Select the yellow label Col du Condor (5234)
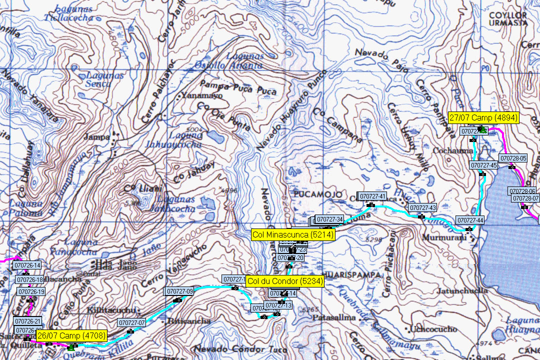tap(285, 281)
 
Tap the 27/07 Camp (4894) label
tap(483, 118)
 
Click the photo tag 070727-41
tap(372, 196)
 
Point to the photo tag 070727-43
tap(422, 207)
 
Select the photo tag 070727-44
tap(470, 220)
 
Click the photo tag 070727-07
tap(131, 322)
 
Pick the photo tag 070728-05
tap(513, 158)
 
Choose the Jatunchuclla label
tap(455, 290)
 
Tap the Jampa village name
tap(97, 136)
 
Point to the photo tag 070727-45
tap(483, 165)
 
